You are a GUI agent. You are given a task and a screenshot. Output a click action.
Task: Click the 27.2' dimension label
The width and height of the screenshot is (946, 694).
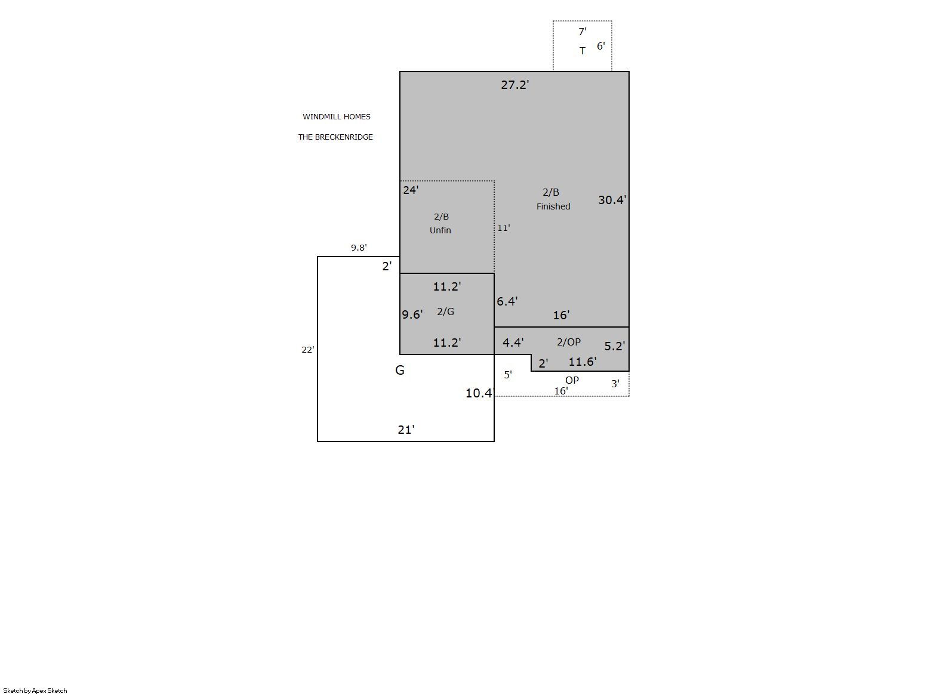click(515, 85)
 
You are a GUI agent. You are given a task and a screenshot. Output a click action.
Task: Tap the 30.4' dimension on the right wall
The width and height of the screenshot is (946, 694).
click(612, 200)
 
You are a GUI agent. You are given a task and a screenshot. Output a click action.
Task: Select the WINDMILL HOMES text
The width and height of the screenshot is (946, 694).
click(337, 117)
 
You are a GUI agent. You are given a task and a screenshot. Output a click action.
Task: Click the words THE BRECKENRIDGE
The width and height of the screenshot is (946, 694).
click(336, 137)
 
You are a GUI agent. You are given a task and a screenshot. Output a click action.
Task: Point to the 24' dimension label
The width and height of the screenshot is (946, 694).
click(411, 190)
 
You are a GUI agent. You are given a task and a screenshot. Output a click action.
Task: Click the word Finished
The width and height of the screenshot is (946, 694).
click(553, 206)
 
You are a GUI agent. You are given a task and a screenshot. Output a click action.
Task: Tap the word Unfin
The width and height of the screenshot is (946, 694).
click(440, 230)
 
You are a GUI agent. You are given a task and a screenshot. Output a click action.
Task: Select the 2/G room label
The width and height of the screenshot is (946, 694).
click(446, 311)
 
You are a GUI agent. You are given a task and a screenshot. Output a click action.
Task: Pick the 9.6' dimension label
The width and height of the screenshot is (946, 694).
click(412, 314)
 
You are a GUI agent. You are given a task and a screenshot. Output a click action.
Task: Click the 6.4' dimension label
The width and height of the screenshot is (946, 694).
click(507, 301)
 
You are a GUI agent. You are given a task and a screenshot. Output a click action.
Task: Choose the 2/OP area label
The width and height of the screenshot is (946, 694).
click(568, 342)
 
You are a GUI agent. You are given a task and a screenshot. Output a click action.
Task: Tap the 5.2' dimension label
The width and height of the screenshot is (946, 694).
click(615, 346)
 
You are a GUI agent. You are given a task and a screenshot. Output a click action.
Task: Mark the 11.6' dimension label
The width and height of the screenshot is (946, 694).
click(583, 362)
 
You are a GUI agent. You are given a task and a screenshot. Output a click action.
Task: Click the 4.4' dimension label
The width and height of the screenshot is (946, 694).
click(513, 343)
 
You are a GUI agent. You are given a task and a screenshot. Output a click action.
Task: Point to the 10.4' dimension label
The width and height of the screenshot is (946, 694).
click(479, 393)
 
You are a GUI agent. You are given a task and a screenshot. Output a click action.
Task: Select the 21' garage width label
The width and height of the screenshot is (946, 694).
click(406, 430)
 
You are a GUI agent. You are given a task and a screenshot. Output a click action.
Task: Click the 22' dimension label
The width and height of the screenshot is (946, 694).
click(308, 350)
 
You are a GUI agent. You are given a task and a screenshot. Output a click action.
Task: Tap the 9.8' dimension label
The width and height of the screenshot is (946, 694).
click(359, 248)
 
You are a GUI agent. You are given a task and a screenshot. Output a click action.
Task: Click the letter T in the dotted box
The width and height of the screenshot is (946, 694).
click(583, 51)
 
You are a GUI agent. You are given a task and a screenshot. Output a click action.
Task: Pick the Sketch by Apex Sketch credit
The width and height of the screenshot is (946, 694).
click(35, 690)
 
